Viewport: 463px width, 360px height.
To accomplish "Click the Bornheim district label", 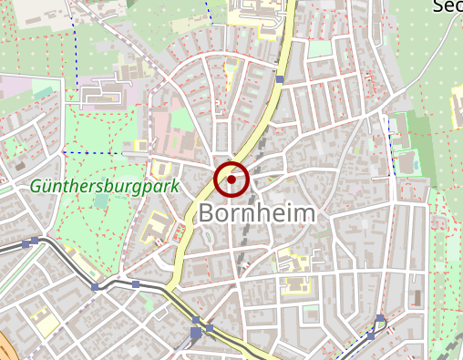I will pos(257,214).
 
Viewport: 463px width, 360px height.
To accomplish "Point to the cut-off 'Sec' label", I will pos(447,6).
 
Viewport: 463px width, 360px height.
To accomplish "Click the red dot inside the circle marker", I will pos(231,180).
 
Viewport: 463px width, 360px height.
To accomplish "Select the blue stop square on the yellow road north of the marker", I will pos(281,80).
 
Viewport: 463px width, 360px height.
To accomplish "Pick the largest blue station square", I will pos(197,334).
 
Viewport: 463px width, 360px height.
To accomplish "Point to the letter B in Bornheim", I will pos(208,214).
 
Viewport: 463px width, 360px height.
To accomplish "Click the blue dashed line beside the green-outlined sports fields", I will pos(392,146).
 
